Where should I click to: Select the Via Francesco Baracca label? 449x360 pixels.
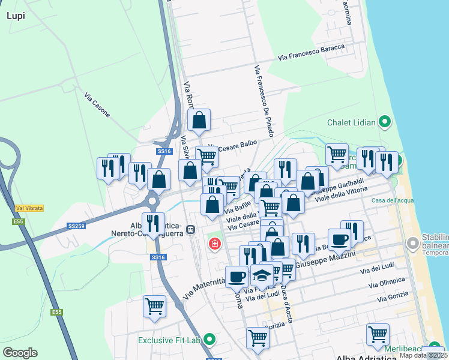(311, 53)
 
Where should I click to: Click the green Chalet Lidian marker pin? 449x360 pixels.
(385, 123)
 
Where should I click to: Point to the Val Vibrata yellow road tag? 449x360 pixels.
(29, 208)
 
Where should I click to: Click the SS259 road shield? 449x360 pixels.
(76, 226)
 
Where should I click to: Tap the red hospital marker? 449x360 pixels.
(214, 244)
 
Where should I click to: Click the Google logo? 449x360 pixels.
(20, 353)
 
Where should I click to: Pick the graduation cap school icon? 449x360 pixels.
(261, 275)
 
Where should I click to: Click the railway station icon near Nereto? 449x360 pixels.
(190, 229)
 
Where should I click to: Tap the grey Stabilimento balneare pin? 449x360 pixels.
(412, 244)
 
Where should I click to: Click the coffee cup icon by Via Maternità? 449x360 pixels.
(237, 276)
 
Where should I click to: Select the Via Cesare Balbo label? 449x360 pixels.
(234, 146)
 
